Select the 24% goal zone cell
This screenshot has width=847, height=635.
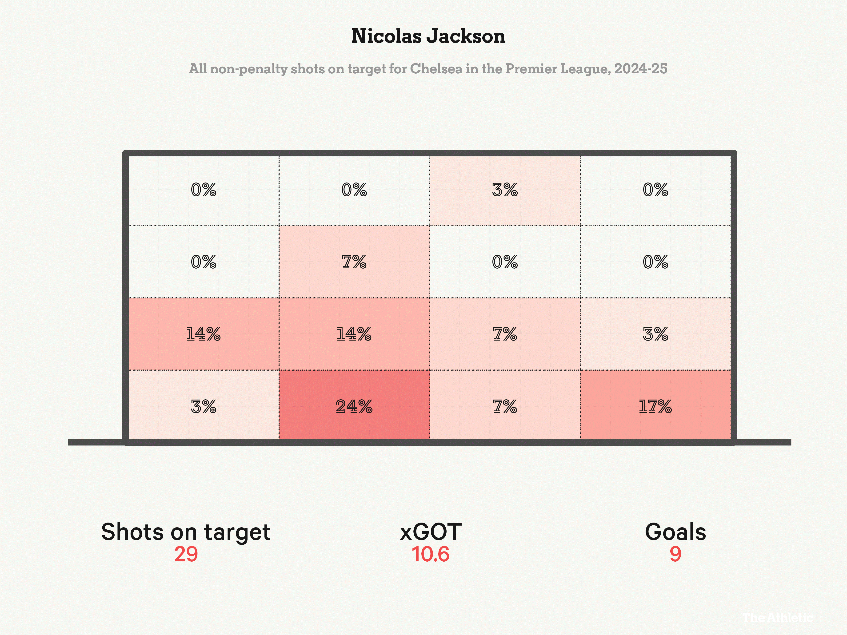pyautogui.click(x=354, y=406)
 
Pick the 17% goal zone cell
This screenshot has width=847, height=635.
pyautogui.click(x=655, y=406)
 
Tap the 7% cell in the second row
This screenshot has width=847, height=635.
pyautogui.click(x=354, y=262)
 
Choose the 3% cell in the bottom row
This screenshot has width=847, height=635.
pyautogui.click(x=203, y=406)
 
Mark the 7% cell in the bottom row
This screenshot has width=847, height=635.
pyautogui.click(x=505, y=406)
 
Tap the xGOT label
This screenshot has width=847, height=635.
pyautogui.click(x=430, y=532)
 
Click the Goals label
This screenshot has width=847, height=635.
pyautogui.click(x=675, y=532)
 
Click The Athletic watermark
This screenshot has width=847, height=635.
pyautogui.click(x=777, y=617)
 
